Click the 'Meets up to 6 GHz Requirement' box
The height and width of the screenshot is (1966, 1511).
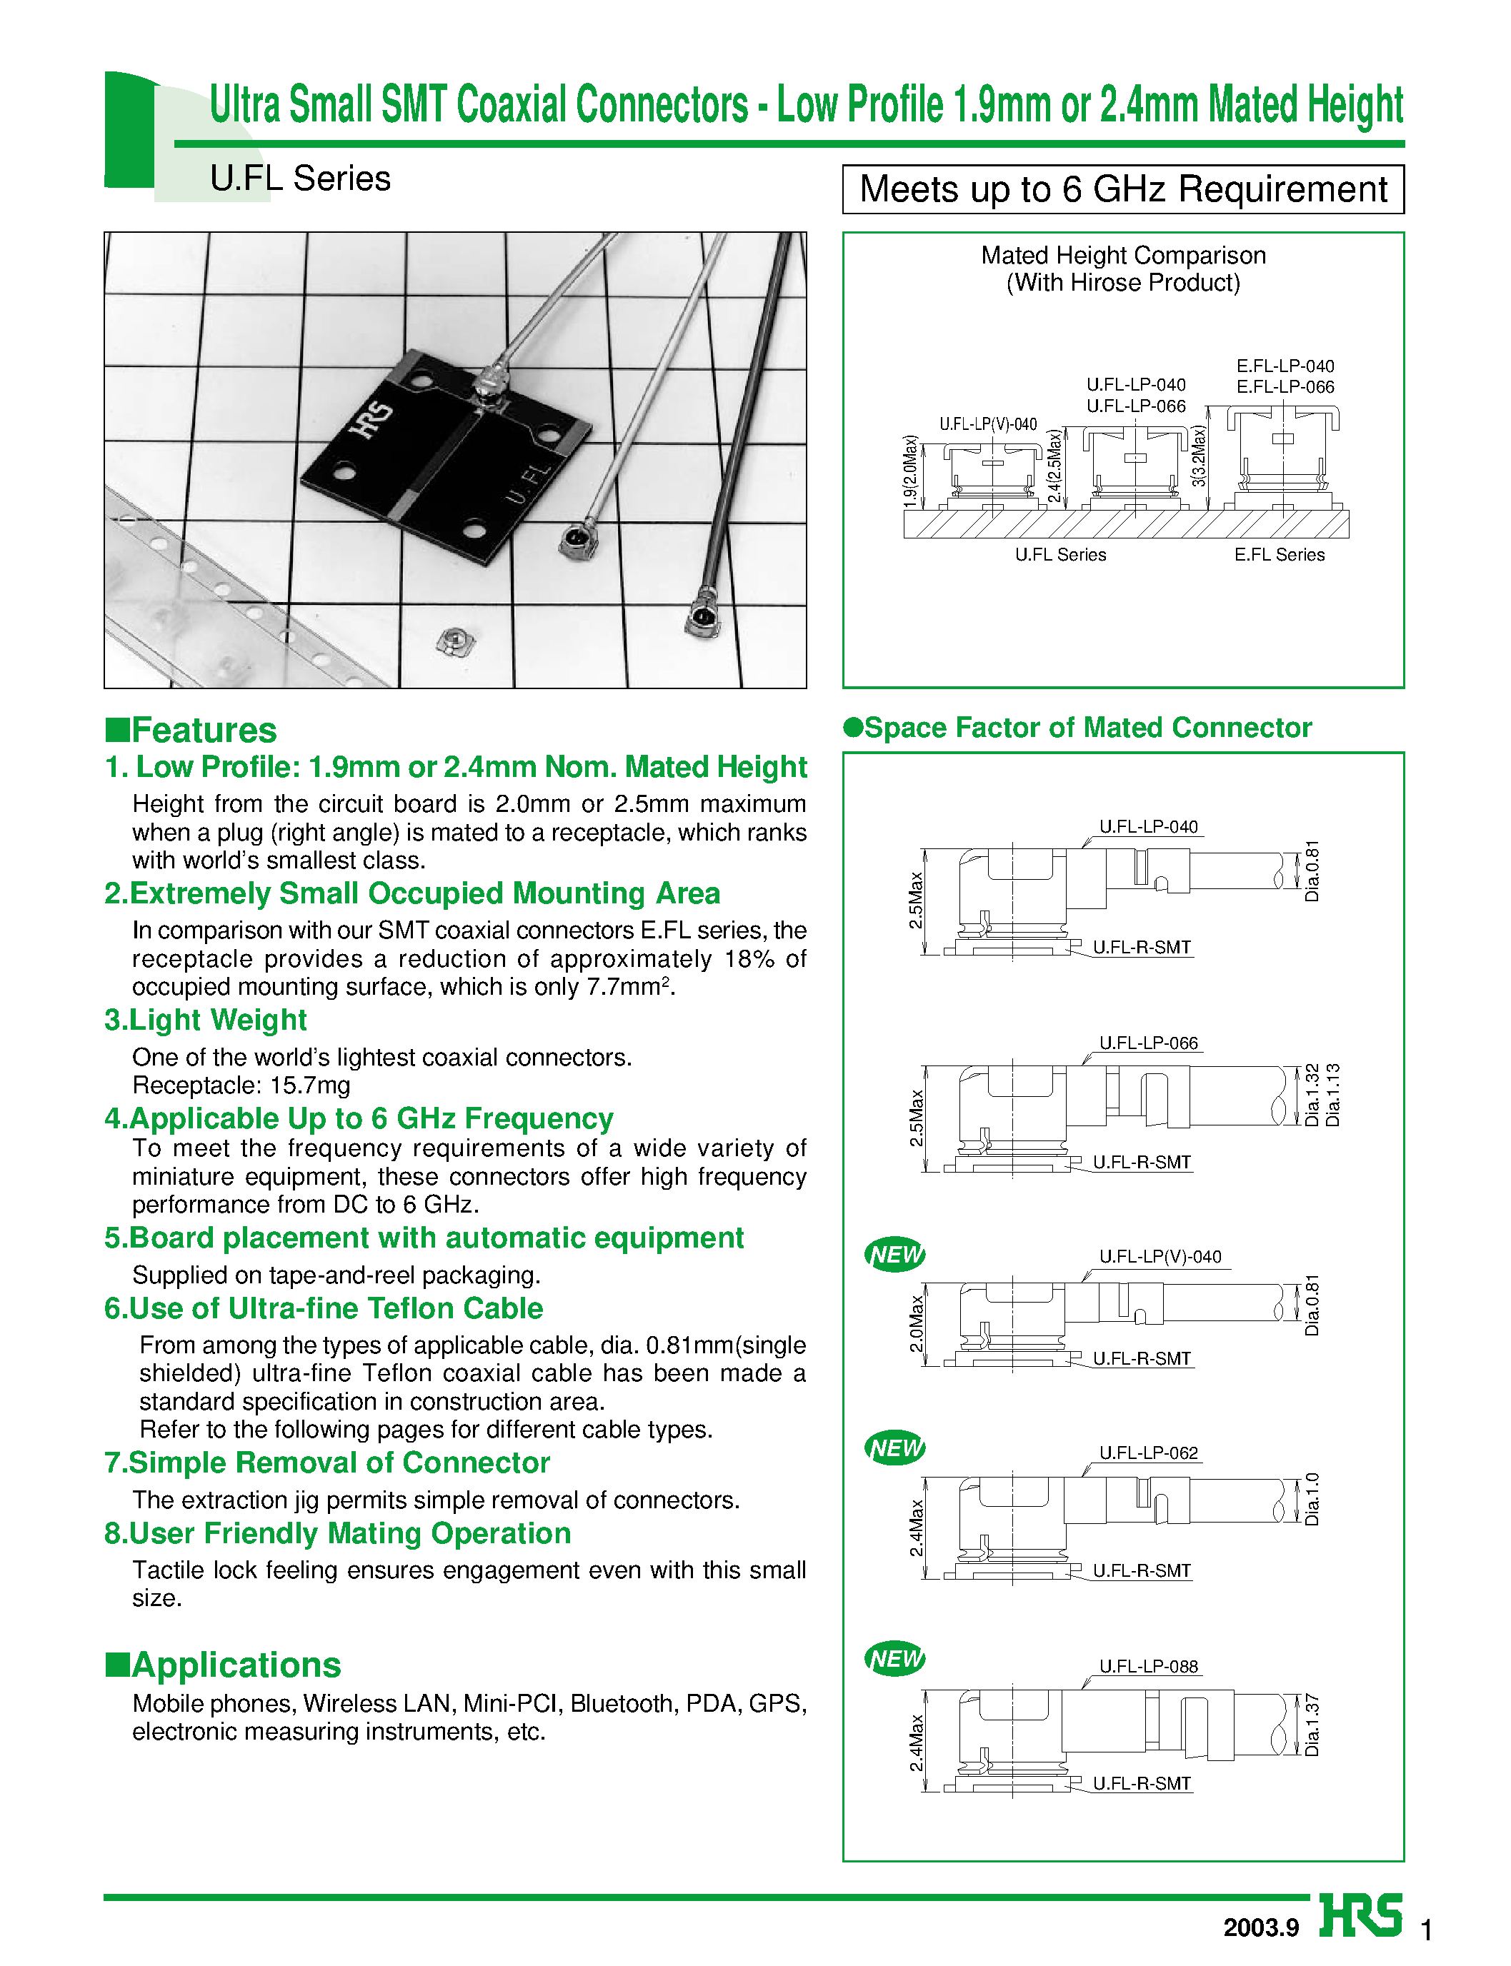[x=1122, y=189]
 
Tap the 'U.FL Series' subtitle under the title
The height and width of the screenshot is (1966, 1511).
[x=299, y=178]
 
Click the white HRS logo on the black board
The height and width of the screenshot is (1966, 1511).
[x=371, y=420]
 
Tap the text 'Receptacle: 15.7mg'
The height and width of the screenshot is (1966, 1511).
[x=241, y=1085]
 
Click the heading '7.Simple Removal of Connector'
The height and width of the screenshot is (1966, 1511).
[x=326, y=1463]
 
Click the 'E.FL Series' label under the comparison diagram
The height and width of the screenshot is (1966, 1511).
[x=1279, y=555]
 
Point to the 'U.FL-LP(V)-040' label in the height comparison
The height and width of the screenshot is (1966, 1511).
[x=987, y=424]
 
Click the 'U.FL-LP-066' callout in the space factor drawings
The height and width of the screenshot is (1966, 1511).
[x=1149, y=1043]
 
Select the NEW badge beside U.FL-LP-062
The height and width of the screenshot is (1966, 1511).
[x=895, y=1448]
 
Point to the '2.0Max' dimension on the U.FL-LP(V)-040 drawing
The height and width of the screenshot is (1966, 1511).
[x=917, y=1323]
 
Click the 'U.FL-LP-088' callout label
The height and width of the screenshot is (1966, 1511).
[x=1149, y=1666]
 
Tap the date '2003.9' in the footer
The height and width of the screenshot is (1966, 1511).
[x=1260, y=1927]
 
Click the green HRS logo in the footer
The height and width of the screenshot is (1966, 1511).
[x=1360, y=1916]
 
